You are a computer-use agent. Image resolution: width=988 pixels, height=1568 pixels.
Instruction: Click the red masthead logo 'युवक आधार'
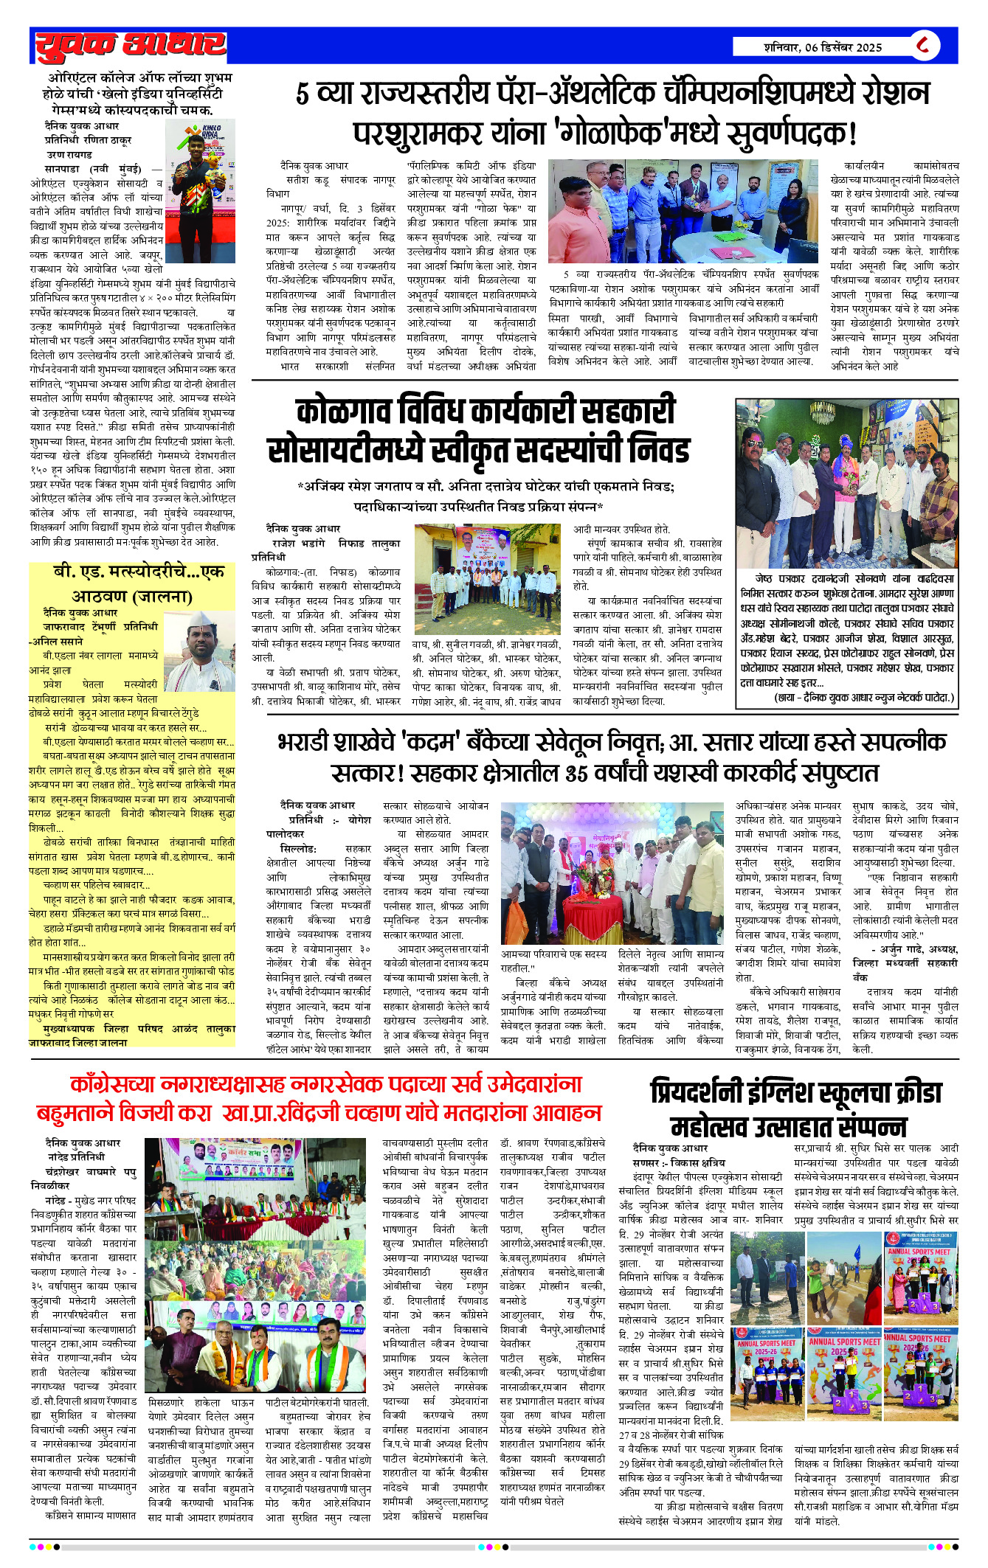coord(130,46)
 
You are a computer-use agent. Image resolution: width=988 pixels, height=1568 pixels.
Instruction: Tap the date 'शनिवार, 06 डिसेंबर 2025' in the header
coord(822,47)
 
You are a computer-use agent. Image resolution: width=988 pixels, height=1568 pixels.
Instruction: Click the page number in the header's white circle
coord(923,46)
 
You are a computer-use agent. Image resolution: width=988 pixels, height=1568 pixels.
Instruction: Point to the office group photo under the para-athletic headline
coord(683,211)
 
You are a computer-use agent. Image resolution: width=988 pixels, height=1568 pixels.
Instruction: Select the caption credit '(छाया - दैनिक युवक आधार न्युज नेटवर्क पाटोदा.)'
coord(863,697)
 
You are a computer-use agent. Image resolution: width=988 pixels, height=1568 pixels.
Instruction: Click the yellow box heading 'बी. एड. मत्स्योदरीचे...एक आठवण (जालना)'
coord(133,583)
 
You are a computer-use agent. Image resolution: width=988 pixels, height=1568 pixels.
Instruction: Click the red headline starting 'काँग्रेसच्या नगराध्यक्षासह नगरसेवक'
coord(319,1097)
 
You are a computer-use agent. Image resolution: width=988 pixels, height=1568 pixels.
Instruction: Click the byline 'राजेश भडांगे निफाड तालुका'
coord(336,543)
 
